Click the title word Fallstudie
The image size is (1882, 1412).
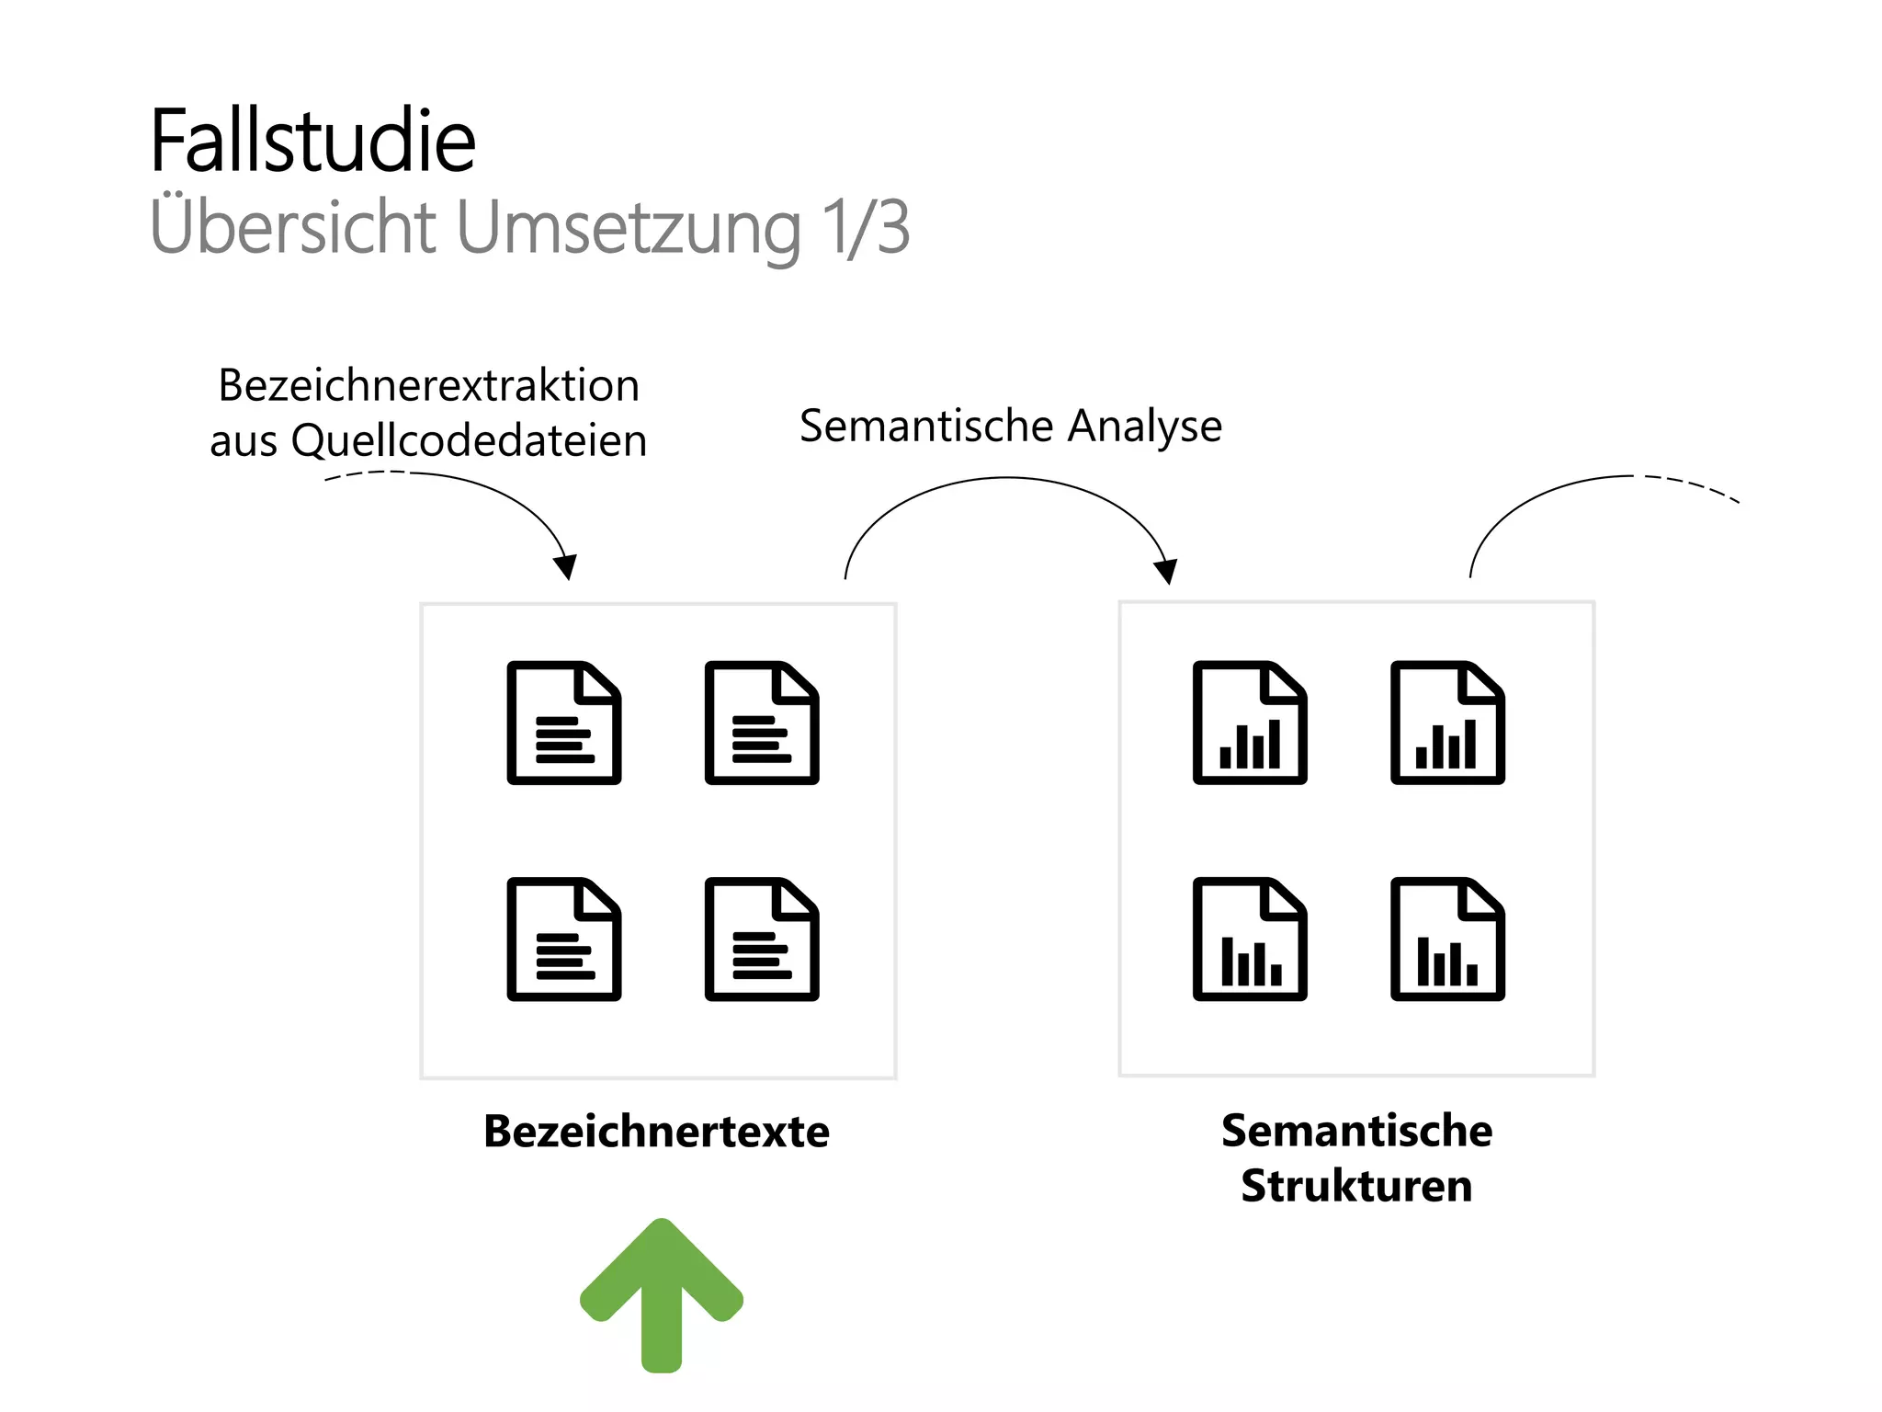312,142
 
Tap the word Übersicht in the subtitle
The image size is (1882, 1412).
292,226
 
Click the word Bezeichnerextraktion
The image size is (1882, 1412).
428,385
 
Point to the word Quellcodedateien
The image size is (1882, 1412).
469,440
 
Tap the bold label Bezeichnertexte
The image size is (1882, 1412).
656,1132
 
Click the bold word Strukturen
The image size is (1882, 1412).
1356,1186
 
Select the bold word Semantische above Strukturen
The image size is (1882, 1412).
1356,1131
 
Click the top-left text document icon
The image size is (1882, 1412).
564,723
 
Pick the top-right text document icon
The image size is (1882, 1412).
762,723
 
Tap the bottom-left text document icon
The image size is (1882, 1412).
564,939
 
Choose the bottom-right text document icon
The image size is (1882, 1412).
762,939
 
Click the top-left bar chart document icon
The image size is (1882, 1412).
1250,723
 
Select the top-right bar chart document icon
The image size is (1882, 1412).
1447,723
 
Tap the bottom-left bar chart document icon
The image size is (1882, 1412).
1250,939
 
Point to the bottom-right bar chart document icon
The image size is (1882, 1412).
1447,939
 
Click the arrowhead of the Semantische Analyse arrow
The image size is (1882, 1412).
1165,572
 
